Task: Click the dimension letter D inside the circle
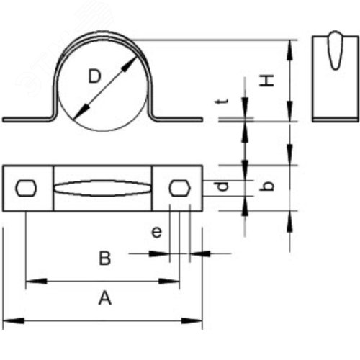[94, 76]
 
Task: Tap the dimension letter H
[266, 81]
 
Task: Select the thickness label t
[222, 102]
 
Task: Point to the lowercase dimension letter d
[222, 186]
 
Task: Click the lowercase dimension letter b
[267, 186]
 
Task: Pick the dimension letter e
[157, 232]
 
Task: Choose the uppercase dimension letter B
[105, 258]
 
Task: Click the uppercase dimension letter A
[105, 297]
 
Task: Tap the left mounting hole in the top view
[26, 188]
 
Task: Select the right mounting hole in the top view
[180, 188]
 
